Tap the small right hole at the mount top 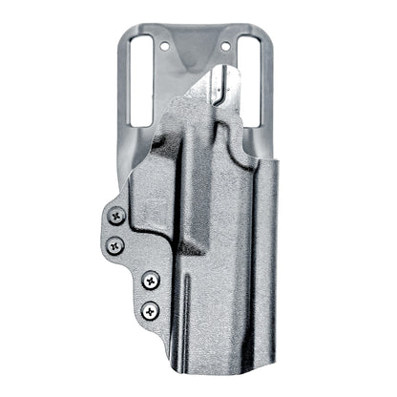click(x=226, y=45)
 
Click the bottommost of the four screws click(x=150, y=308)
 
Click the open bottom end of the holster click(x=229, y=367)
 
